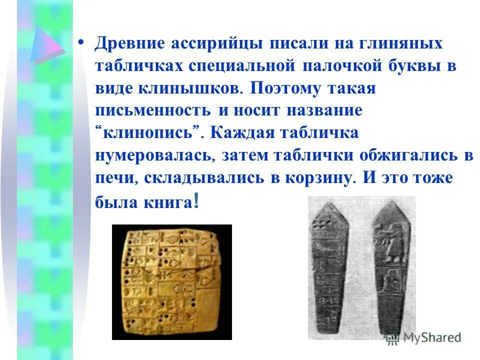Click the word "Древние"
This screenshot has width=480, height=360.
point(129,44)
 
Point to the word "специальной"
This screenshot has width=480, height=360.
point(244,66)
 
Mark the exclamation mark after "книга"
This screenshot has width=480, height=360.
point(195,201)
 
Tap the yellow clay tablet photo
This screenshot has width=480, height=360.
point(171,282)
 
